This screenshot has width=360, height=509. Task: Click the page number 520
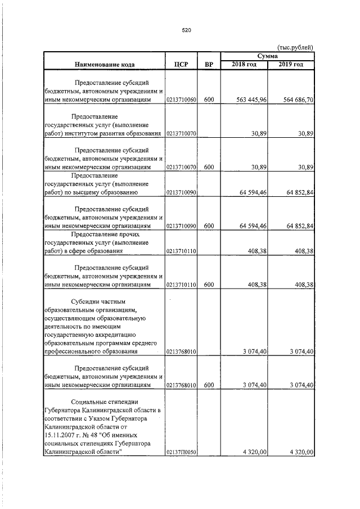(187, 30)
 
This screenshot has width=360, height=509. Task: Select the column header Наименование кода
(104, 65)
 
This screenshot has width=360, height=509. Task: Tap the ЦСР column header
(181, 65)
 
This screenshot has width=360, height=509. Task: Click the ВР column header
(209, 65)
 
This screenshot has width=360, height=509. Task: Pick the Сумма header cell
(268, 56)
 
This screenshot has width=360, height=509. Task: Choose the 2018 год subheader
(244, 65)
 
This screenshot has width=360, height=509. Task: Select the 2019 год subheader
(291, 65)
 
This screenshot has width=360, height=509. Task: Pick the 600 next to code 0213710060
(209, 100)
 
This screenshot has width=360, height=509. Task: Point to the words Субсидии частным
(103, 302)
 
